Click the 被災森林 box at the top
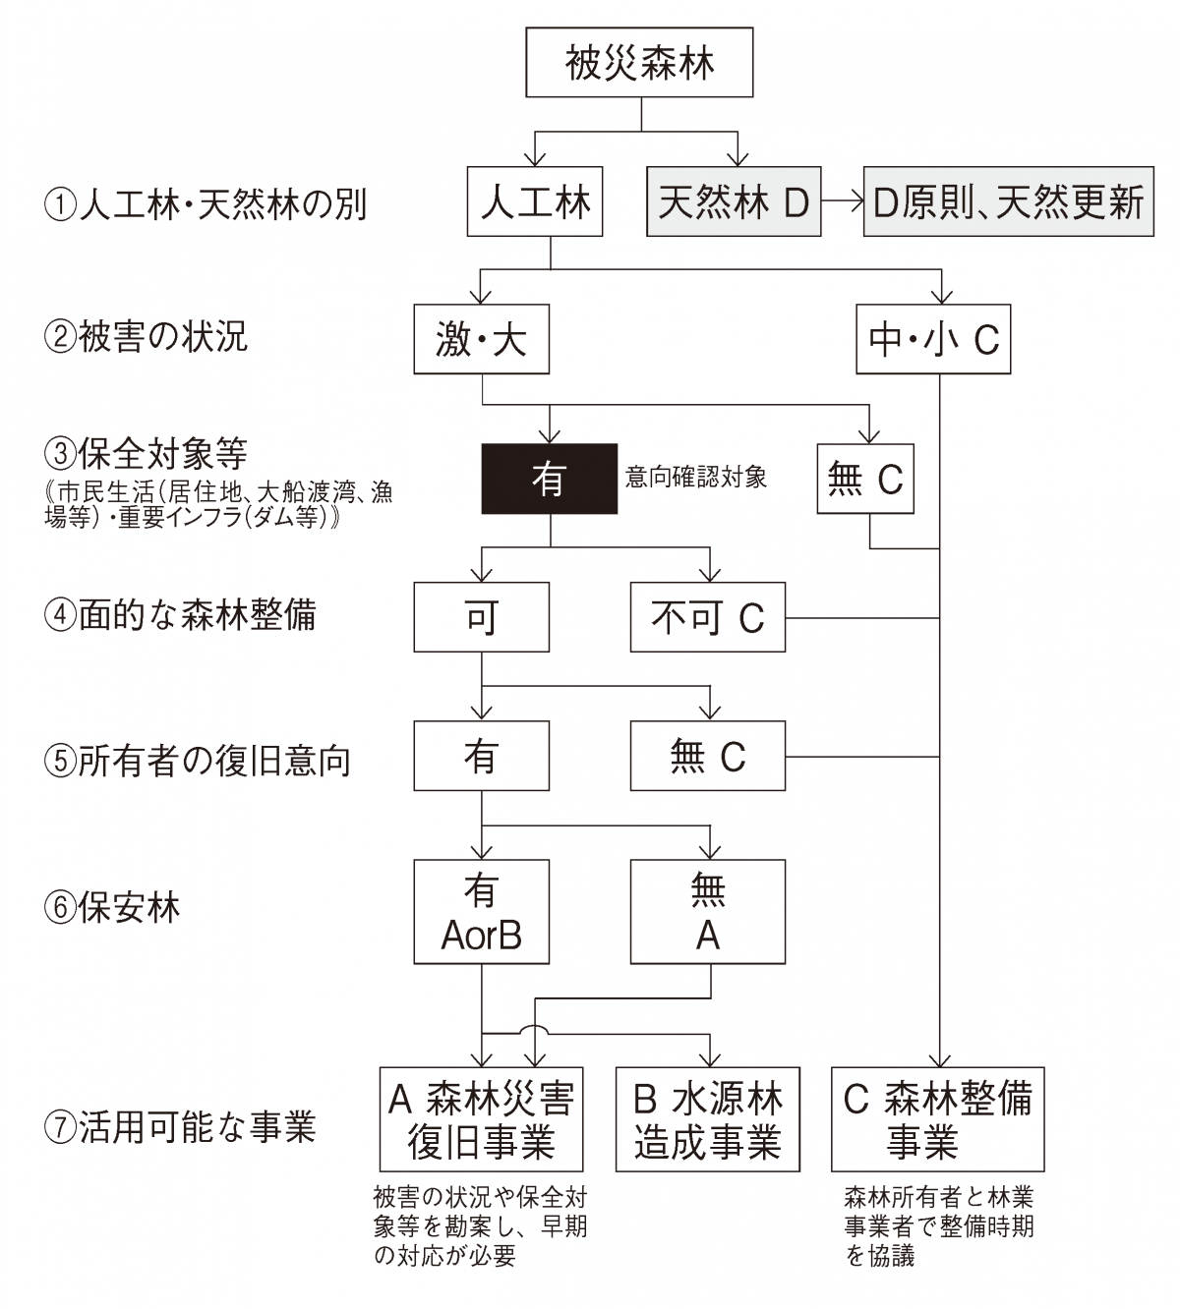click(x=639, y=62)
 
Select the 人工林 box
click(x=535, y=201)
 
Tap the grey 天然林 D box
click(x=734, y=201)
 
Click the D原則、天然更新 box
click(x=1009, y=201)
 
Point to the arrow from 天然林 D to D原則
click(x=843, y=201)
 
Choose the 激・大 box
click(x=481, y=339)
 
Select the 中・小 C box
click(x=934, y=339)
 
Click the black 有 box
click(x=549, y=479)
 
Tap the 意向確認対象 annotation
click(x=696, y=477)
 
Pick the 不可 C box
click(x=708, y=617)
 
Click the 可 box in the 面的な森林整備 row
click(x=481, y=617)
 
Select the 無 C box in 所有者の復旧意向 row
click(x=708, y=756)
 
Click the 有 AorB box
click(x=481, y=912)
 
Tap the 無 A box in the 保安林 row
click(x=708, y=912)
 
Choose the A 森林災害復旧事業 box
click(x=481, y=1119)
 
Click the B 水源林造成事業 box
click(x=708, y=1119)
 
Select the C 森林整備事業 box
click(x=938, y=1119)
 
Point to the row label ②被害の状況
click(x=146, y=337)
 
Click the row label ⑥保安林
click(x=112, y=908)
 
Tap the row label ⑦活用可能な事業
click(x=180, y=1127)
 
